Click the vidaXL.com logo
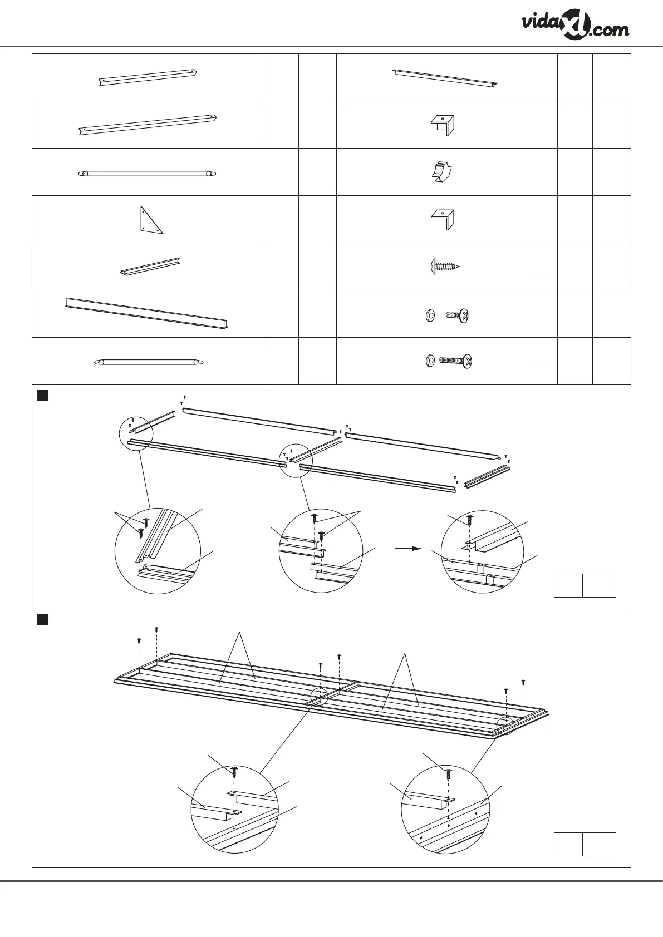576,26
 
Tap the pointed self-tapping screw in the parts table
445,267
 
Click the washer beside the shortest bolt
429,316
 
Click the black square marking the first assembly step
42,396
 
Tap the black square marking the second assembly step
42,619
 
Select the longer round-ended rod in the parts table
146,173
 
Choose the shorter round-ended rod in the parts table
148,362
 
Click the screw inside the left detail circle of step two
234,771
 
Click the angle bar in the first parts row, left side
148,77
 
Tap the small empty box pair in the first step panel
585,585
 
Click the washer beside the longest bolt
429,362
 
